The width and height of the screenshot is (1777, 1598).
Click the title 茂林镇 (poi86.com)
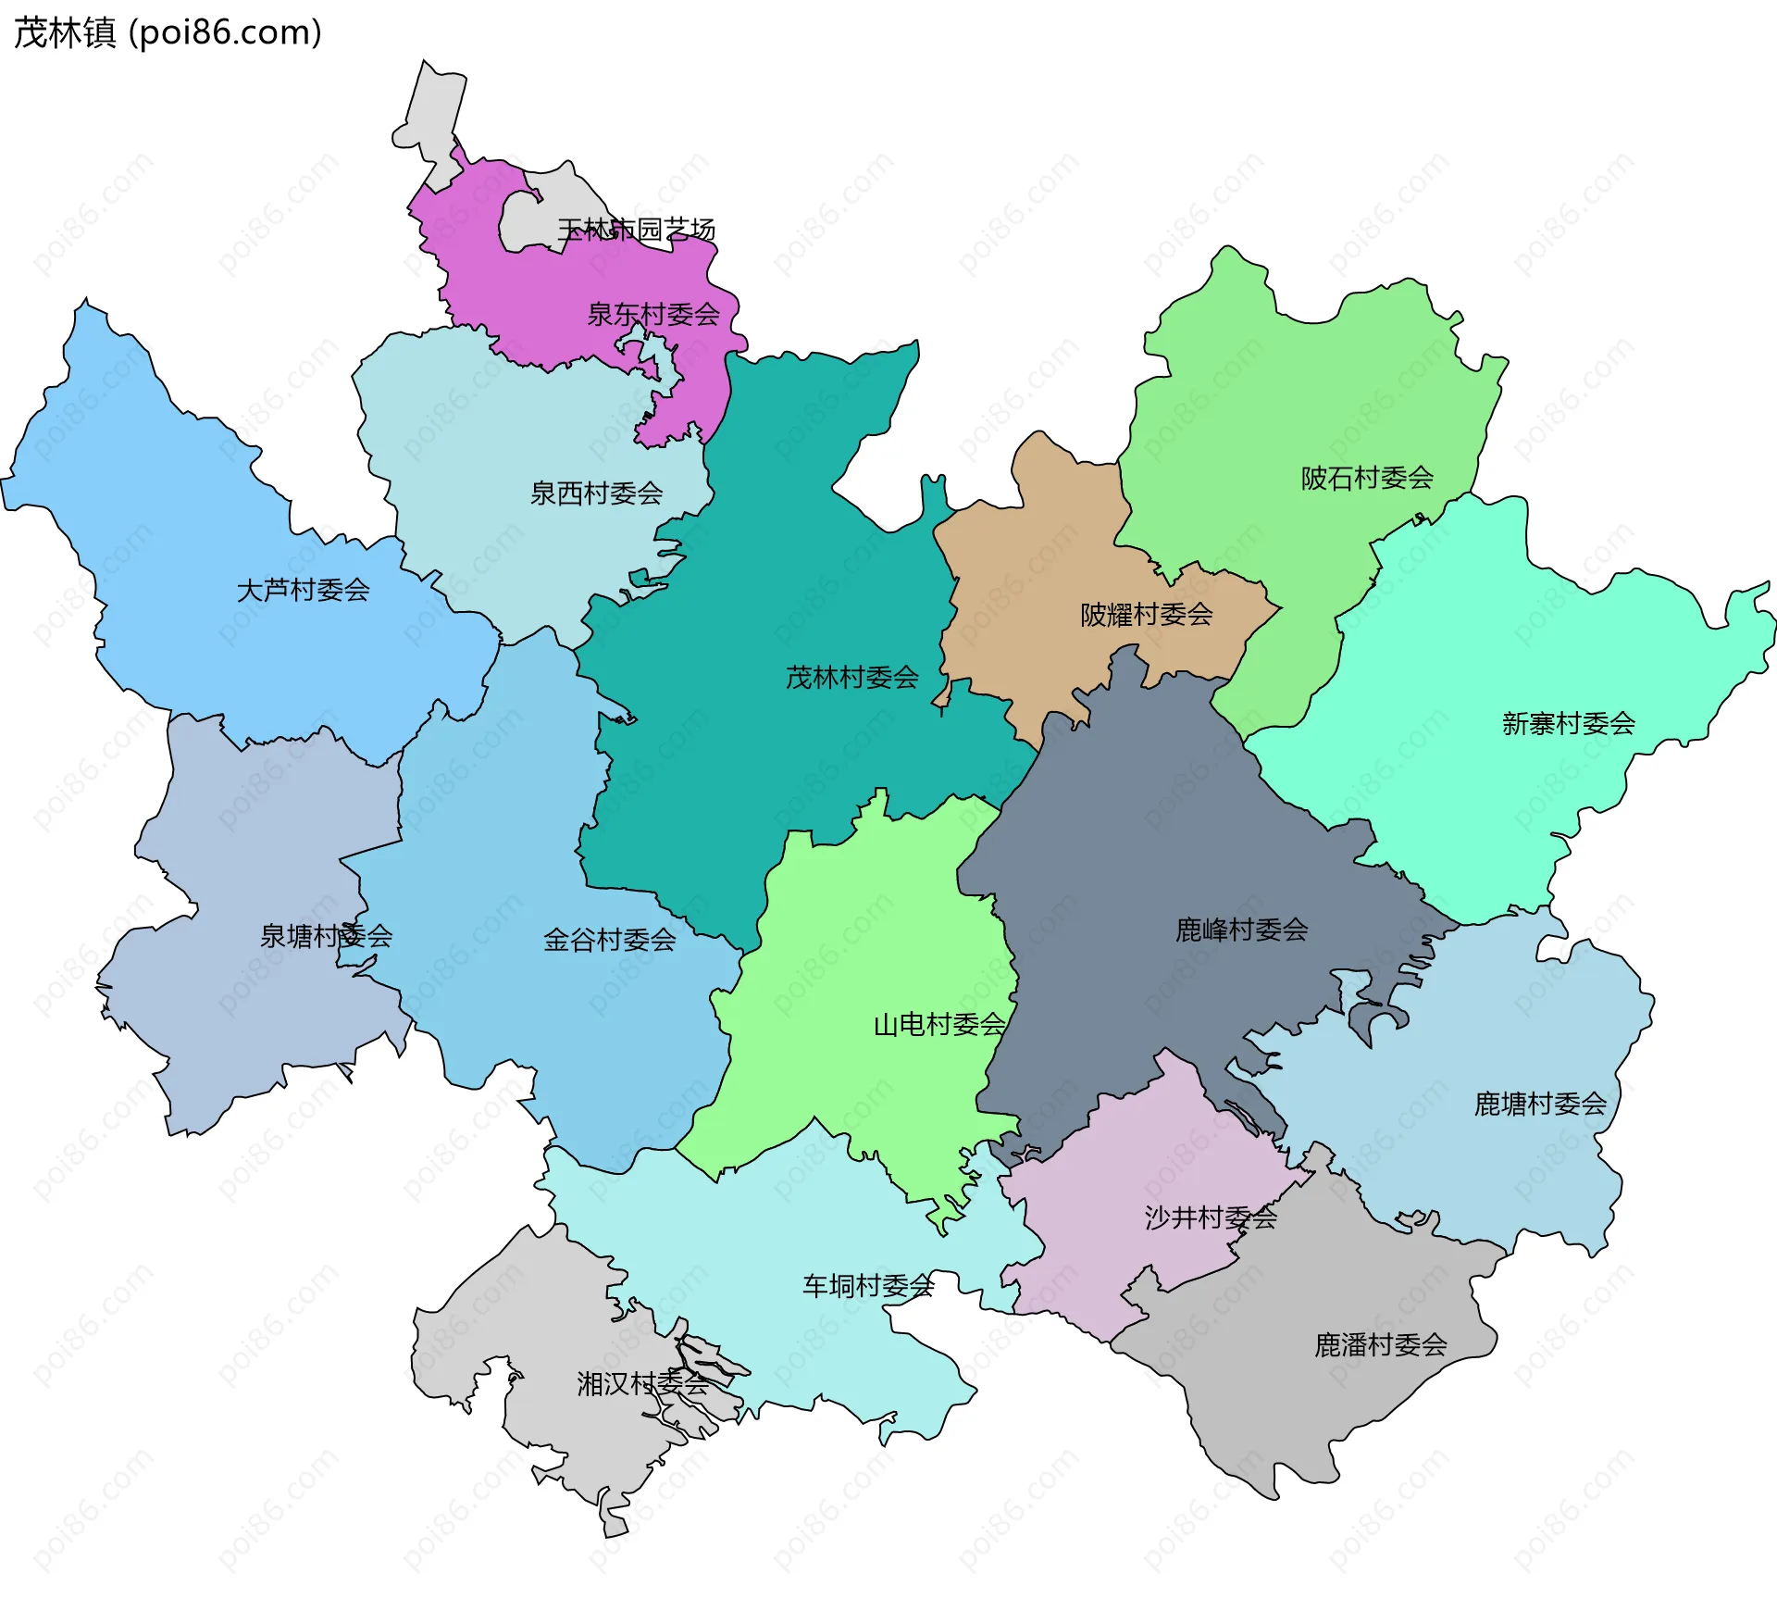point(168,32)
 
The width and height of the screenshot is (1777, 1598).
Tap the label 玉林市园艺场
point(636,229)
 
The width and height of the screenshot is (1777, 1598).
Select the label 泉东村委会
point(653,315)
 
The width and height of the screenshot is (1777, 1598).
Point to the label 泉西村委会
point(596,493)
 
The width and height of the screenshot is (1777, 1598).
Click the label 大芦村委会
point(304,590)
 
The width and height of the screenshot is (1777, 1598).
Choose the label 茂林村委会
point(851,678)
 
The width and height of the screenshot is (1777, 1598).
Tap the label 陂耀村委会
point(1146,615)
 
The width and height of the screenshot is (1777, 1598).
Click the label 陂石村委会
point(1367,479)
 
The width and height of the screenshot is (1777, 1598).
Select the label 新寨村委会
point(1568,724)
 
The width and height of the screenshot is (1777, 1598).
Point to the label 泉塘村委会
point(326,936)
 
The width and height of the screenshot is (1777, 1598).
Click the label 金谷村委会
point(609,941)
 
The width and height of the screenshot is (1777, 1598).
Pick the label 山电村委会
point(938,1025)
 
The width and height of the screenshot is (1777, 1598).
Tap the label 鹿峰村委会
point(1241,930)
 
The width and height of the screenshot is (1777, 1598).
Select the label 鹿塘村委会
point(1540,1105)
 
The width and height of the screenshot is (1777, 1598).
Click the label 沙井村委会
point(1211,1218)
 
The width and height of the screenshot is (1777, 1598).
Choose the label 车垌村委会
point(868,1286)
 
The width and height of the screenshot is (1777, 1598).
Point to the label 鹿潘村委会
point(1380,1345)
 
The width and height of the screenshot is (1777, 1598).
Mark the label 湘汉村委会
point(642,1384)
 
